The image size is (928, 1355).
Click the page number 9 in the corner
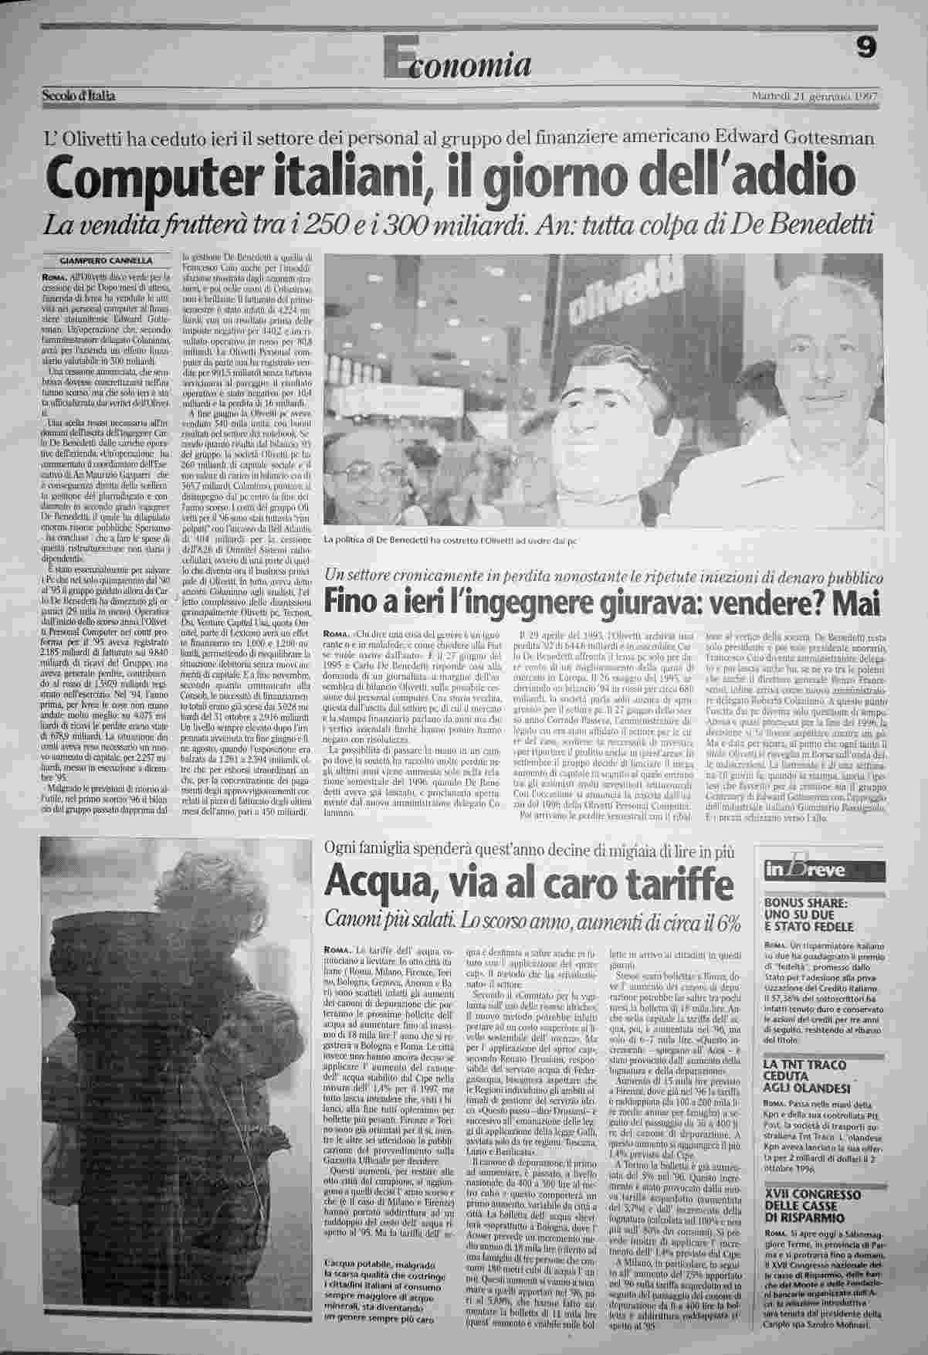(866, 49)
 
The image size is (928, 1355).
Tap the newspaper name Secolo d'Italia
(79, 97)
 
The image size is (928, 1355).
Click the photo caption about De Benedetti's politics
(451, 540)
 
